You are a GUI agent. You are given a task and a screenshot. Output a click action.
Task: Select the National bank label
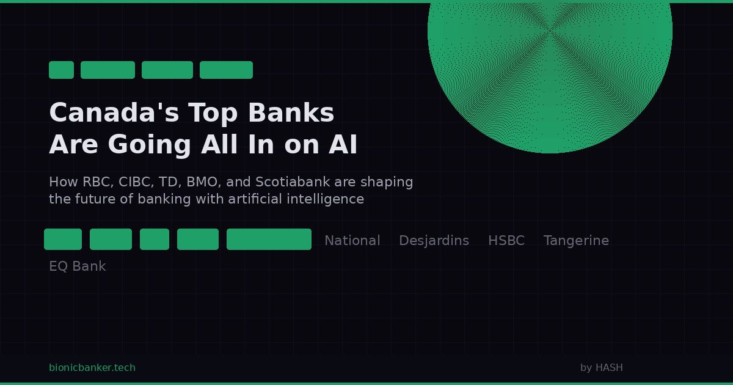click(352, 241)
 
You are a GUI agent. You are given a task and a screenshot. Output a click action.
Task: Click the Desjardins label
click(434, 241)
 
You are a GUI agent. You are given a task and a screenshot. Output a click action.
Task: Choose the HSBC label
click(506, 241)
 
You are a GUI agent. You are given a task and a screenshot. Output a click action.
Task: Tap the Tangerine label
click(576, 241)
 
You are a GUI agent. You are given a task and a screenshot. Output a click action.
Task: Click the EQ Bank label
click(77, 266)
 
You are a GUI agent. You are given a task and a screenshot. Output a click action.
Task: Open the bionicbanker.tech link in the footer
click(92, 368)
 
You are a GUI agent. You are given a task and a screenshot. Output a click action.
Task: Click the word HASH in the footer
click(609, 368)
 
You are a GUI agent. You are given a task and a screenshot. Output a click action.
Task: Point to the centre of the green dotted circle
click(550, 31)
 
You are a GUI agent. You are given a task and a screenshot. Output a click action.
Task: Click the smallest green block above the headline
click(61, 70)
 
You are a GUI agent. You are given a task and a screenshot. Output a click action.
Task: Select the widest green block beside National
click(269, 239)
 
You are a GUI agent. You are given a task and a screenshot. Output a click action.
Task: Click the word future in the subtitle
click(91, 199)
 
